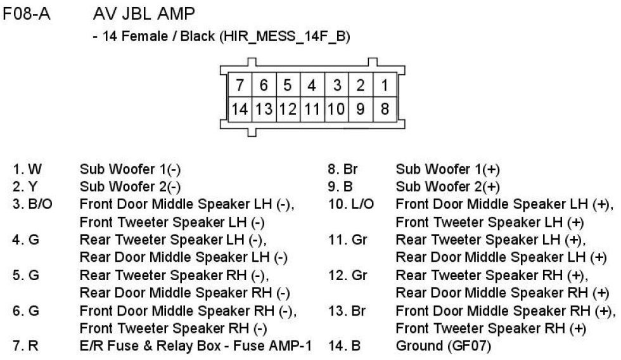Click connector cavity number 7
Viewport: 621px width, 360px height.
pyautogui.click(x=239, y=84)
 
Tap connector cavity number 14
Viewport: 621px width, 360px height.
pyautogui.click(x=240, y=108)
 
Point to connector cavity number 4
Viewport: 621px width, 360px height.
pyautogui.click(x=312, y=84)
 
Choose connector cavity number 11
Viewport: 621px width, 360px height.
pyautogui.click(x=312, y=108)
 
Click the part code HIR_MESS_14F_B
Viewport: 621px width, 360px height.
pyautogui.click(x=284, y=37)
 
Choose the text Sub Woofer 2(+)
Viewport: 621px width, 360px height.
pyautogui.click(x=447, y=187)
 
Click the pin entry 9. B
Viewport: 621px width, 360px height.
pyautogui.click(x=340, y=187)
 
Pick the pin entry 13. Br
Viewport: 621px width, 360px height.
pyautogui.click(x=346, y=311)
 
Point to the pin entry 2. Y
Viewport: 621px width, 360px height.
pyautogui.click(x=25, y=187)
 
